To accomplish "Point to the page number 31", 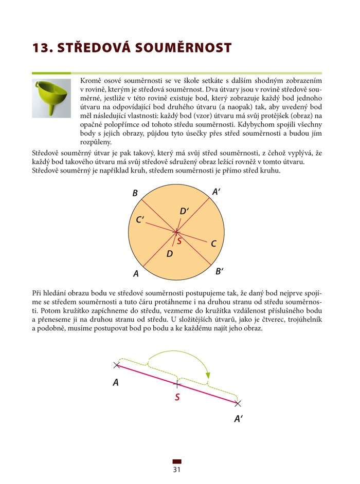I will pyautogui.click(x=177, y=469).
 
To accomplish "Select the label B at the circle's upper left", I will pyautogui.click(x=135, y=194).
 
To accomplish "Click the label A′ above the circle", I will pyautogui.click(x=217, y=192).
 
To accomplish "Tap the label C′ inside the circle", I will pyautogui.click(x=140, y=220).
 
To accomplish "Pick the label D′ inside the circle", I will pyautogui.click(x=185, y=211).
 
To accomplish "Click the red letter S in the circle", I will pyautogui.click(x=179, y=240).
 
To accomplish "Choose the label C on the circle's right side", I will pyautogui.click(x=213, y=244).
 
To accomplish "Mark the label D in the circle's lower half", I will pyautogui.click(x=169, y=253).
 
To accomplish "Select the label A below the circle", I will pyautogui.click(x=136, y=273).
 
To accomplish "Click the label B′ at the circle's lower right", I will pyautogui.click(x=219, y=271).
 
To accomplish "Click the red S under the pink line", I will pyautogui.click(x=177, y=397).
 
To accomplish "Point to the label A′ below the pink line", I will pyautogui.click(x=238, y=419).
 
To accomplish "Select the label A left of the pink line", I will pyautogui.click(x=116, y=382).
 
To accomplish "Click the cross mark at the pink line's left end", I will pyautogui.click(x=117, y=365).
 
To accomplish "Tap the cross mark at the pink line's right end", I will pyautogui.click(x=238, y=403).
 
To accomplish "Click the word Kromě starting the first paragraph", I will pyautogui.click(x=91, y=81).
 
